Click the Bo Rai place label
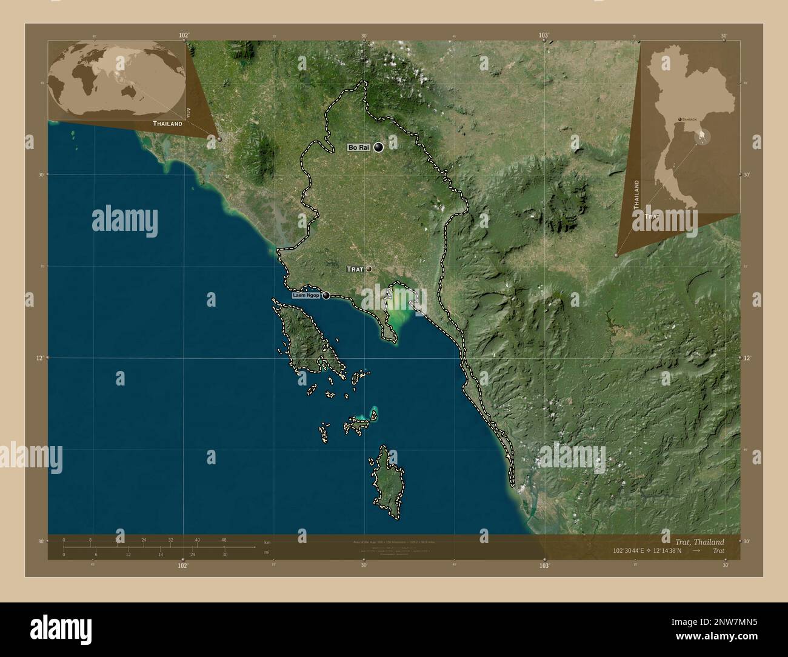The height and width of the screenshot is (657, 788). [358, 147]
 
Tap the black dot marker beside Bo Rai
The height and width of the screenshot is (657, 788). [379, 147]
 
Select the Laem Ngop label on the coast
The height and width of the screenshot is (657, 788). [306, 296]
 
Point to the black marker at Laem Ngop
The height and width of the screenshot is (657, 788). [326, 296]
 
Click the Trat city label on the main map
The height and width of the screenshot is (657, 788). [354, 268]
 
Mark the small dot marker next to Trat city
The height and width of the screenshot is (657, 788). [368, 268]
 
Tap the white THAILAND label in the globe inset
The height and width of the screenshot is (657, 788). [167, 124]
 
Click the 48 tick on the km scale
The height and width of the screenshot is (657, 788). [224, 540]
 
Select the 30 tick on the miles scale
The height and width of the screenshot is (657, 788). [224, 555]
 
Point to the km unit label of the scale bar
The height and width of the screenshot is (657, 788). [267, 541]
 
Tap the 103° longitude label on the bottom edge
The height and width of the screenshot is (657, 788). [544, 565]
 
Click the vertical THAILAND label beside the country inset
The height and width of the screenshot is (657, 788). [636, 194]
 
